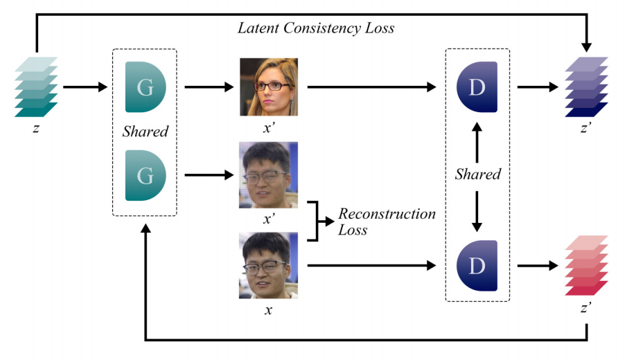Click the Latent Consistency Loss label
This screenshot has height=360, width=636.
[x=316, y=28]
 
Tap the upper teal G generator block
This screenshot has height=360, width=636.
[x=145, y=87]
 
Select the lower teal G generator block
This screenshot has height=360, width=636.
[x=145, y=176]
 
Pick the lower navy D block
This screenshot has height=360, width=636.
[x=477, y=265]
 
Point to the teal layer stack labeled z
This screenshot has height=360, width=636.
[x=36, y=87]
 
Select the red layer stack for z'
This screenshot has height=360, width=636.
[x=586, y=266]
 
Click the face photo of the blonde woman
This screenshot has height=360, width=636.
[x=269, y=87]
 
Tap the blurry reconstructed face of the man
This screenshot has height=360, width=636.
[x=269, y=175]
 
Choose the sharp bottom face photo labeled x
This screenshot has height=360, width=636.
[x=269, y=265]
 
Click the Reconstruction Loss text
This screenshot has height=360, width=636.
[x=386, y=222]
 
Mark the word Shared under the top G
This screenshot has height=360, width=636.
[x=145, y=131]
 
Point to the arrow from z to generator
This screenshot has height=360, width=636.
[x=85, y=87]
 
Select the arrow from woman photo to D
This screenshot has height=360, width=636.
[x=371, y=87]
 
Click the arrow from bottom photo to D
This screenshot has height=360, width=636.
[x=371, y=265]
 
